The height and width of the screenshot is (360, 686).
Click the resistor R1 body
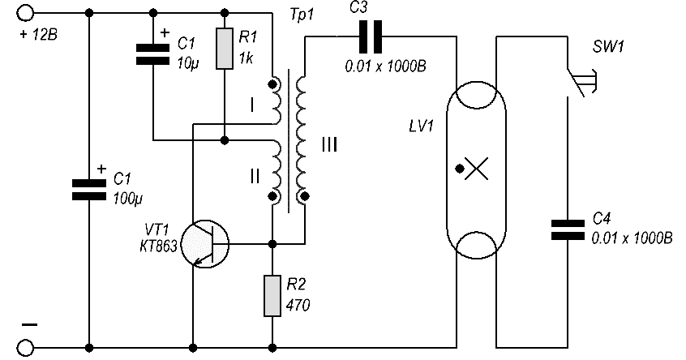point(225,49)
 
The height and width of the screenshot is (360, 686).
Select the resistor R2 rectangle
point(272,296)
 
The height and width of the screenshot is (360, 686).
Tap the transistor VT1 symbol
point(205,243)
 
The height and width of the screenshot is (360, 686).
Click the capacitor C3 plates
point(370,37)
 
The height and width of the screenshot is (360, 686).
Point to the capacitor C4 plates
point(568,230)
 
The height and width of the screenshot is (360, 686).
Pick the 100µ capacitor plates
point(89,190)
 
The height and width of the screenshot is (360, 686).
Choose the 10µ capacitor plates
point(152,54)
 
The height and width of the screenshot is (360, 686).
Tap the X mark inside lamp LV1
point(477,169)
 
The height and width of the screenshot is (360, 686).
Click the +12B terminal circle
point(25,13)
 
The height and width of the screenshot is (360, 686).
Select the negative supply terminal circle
point(25,348)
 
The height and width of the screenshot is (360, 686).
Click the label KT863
point(158,246)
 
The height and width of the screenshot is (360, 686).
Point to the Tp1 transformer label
point(302,15)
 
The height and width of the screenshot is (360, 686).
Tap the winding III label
point(329,144)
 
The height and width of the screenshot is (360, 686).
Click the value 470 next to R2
point(298,304)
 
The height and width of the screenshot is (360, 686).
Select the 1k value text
point(246,58)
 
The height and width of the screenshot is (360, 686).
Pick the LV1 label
point(421,126)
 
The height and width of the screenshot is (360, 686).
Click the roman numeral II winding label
point(255,176)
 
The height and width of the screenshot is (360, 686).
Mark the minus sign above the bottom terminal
point(30,324)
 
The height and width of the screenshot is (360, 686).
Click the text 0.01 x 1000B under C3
point(385,66)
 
